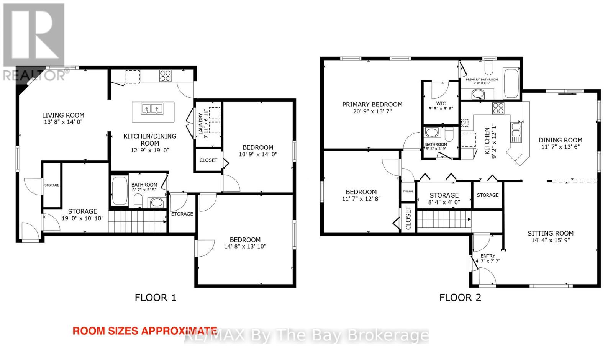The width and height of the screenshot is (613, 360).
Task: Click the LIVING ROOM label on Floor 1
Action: (x=63, y=115)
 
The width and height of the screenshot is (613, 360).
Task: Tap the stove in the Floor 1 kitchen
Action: (x=166, y=76)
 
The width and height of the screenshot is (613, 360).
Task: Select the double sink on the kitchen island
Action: (x=152, y=109)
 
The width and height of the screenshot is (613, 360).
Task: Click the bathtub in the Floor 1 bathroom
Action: (x=120, y=191)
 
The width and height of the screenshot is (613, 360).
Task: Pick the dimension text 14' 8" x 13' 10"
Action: (x=245, y=247)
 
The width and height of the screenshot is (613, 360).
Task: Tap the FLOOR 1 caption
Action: (x=156, y=298)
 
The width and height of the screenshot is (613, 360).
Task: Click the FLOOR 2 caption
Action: (x=460, y=298)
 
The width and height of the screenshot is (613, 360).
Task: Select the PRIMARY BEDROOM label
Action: (x=372, y=105)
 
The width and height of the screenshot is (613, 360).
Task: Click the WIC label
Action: (x=441, y=104)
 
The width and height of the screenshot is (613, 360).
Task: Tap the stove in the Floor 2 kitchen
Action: (x=498, y=108)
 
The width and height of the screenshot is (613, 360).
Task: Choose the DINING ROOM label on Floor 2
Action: (x=561, y=140)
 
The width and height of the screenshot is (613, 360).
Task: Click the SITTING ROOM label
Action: (x=551, y=233)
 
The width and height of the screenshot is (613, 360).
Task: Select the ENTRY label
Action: (x=488, y=256)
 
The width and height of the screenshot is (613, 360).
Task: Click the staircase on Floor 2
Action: (x=444, y=219)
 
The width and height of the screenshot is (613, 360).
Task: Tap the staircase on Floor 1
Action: (x=138, y=222)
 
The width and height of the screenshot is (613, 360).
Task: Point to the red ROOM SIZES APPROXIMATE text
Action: (x=145, y=331)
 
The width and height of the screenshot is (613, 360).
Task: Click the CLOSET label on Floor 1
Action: (x=208, y=160)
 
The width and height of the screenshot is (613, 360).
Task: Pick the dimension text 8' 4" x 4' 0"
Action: (x=444, y=203)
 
